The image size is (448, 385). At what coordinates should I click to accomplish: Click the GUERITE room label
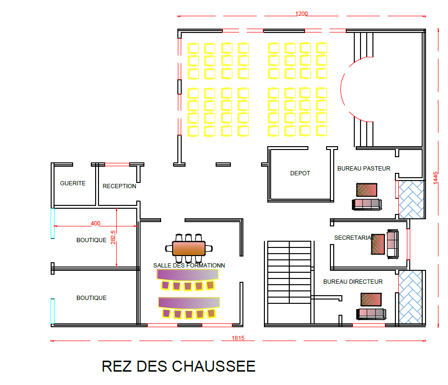click(73, 183)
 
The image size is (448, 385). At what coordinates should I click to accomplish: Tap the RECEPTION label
click(120, 186)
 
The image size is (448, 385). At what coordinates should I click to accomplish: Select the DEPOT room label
click(300, 173)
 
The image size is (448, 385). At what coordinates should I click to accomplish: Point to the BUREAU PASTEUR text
click(364, 168)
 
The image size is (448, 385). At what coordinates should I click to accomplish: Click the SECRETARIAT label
click(353, 237)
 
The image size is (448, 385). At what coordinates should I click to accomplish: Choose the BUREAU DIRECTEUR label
click(353, 282)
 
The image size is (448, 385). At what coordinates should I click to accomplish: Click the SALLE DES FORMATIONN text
click(189, 265)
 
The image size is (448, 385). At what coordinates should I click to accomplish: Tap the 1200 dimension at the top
click(301, 14)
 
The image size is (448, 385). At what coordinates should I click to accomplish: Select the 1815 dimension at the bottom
click(238, 339)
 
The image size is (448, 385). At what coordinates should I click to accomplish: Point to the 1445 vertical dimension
click(436, 177)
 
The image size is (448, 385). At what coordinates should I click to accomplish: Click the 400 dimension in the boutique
click(96, 223)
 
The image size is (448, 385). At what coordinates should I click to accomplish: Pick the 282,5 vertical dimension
click(113, 238)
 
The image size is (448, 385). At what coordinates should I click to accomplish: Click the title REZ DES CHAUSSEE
click(178, 366)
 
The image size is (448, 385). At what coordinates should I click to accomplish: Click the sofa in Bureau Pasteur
click(367, 204)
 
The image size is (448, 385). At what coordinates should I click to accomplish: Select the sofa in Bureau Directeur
click(371, 314)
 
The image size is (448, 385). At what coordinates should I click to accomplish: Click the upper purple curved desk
click(188, 275)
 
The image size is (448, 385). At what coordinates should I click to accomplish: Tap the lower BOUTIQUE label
click(91, 298)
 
